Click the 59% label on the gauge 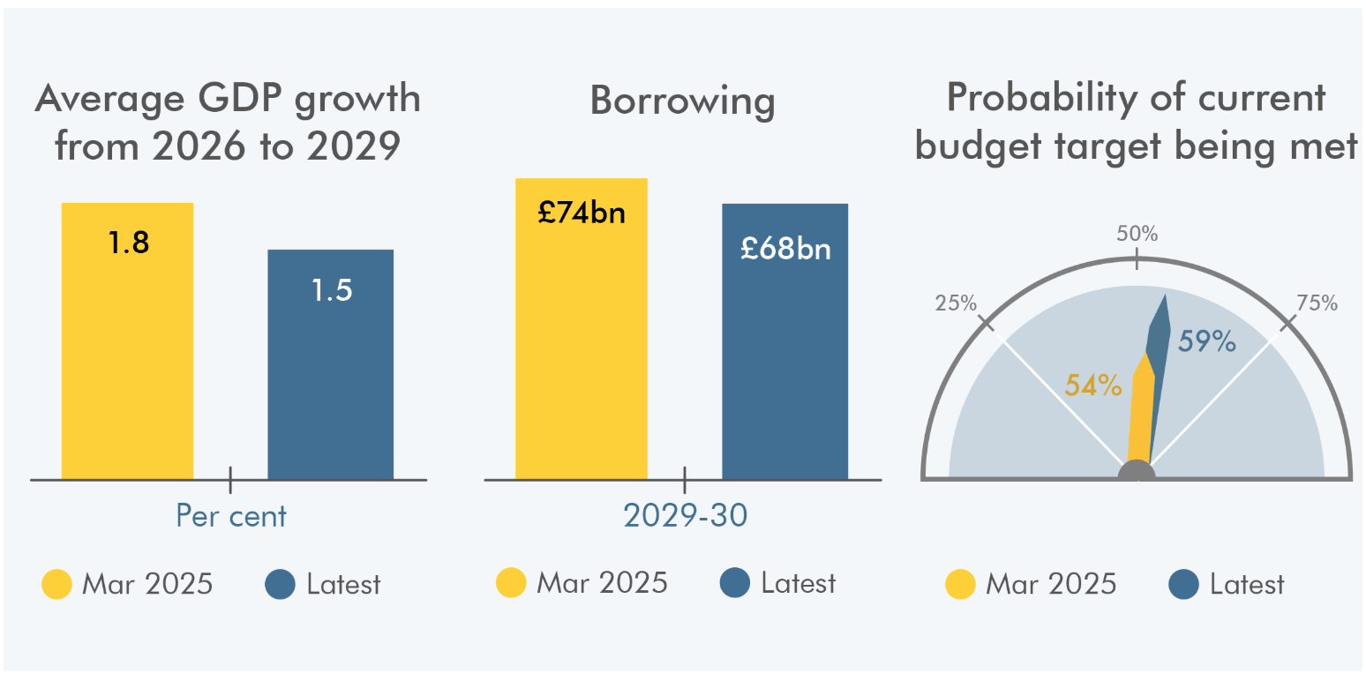pyautogui.click(x=1206, y=341)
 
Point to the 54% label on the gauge pyautogui.click(x=1092, y=385)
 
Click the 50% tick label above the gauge pyautogui.click(x=1137, y=235)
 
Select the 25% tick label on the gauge pyautogui.click(x=957, y=303)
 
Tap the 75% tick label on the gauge pyautogui.click(x=1317, y=303)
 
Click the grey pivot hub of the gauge pyautogui.click(x=1137, y=472)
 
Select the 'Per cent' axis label pyautogui.click(x=231, y=515)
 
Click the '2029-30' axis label pyautogui.click(x=685, y=515)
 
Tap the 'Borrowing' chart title pyautogui.click(x=682, y=101)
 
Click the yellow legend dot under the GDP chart pyautogui.click(x=57, y=584)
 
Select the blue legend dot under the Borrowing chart pyautogui.click(x=735, y=583)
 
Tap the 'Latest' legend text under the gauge pyautogui.click(x=1247, y=584)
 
